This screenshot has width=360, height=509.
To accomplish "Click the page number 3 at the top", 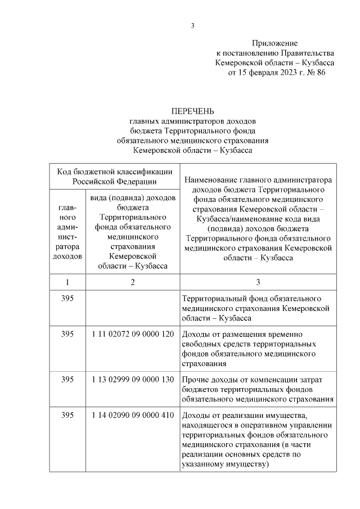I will click(x=192, y=25).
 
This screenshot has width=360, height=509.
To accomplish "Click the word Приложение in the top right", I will click(x=274, y=43).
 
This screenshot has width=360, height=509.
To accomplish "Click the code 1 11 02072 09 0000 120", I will click(x=132, y=334).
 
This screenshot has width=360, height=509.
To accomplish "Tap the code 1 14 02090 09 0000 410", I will click(x=132, y=415).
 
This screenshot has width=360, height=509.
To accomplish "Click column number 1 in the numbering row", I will click(x=67, y=282).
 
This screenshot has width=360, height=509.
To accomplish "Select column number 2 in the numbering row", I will click(x=132, y=282).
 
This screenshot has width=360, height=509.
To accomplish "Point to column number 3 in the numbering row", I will click(x=258, y=282).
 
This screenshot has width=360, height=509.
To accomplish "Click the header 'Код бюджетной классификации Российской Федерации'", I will click(x=114, y=175).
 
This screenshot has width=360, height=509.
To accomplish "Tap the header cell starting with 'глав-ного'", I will click(x=67, y=232).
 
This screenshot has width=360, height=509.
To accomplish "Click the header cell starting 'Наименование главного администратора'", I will click(x=258, y=219).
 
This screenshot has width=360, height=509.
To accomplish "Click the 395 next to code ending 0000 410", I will click(x=67, y=415).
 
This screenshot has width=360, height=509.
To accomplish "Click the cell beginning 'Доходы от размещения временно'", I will click(x=258, y=349).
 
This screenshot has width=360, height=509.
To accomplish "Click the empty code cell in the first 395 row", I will click(x=132, y=307).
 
